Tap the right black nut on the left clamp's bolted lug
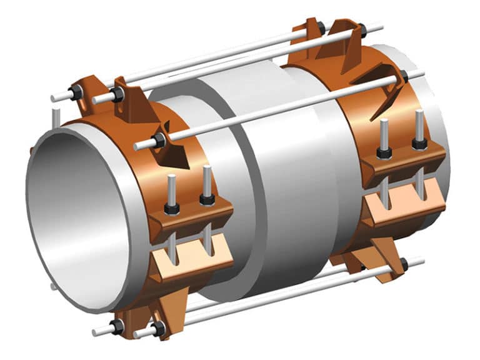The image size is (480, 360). point(207,199)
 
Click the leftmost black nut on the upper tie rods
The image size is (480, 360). point(77,94)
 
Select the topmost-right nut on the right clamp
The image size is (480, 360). point(362,29)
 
